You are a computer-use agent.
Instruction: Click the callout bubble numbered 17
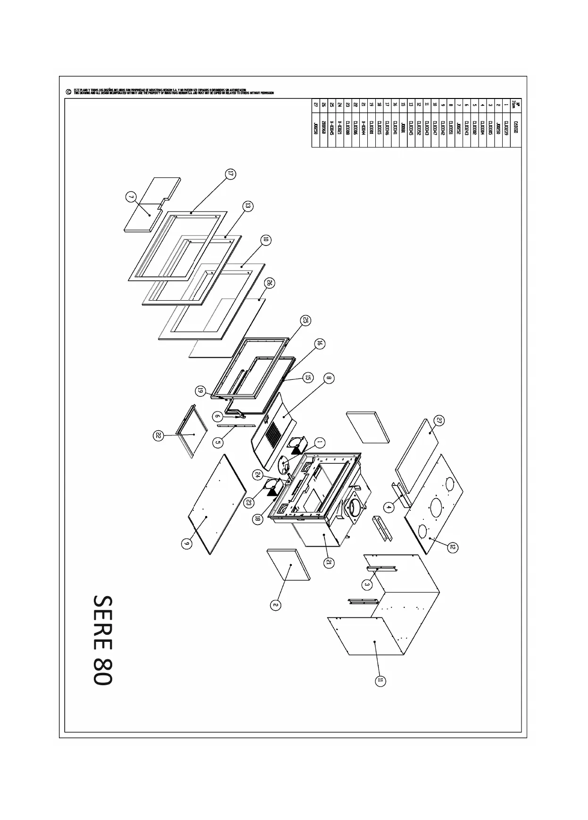(230, 174)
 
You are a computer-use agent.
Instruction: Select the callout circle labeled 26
(270, 283)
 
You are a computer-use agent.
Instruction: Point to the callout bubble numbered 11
(380, 681)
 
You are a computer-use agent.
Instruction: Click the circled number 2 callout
(276, 605)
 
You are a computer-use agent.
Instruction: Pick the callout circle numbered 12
(452, 547)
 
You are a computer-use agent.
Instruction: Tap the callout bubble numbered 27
(439, 420)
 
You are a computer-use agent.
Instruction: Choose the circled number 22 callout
(158, 436)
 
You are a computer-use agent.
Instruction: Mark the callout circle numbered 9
(187, 543)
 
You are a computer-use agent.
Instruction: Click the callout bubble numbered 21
(330, 562)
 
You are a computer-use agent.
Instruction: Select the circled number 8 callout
(329, 377)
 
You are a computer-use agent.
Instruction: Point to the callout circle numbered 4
(389, 507)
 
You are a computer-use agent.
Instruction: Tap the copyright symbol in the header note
(69, 92)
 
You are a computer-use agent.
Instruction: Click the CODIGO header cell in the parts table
(516, 127)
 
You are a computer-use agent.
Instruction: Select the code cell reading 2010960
(323, 128)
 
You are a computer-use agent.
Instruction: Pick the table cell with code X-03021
(340, 128)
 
